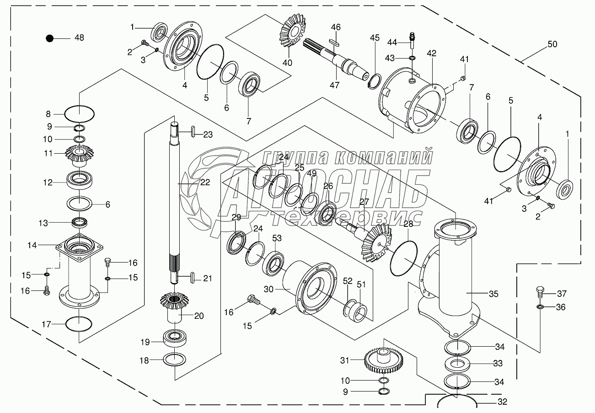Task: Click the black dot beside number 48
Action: [x=49, y=38]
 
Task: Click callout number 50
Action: [x=552, y=44]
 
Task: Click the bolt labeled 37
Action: [x=539, y=292]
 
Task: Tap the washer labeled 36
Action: [x=539, y=307]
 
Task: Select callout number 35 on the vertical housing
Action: [x=493, y=294]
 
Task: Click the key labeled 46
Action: [x=336, y=43]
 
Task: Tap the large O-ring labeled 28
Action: [x=403, y=258]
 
